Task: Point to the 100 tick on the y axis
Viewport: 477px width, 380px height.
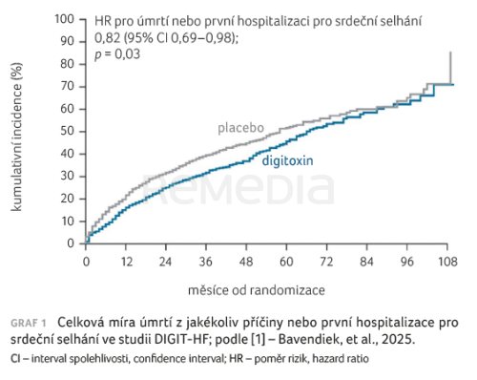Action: click(x=65, y=19)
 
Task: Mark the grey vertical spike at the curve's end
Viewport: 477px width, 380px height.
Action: click(x=451, y=69)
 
